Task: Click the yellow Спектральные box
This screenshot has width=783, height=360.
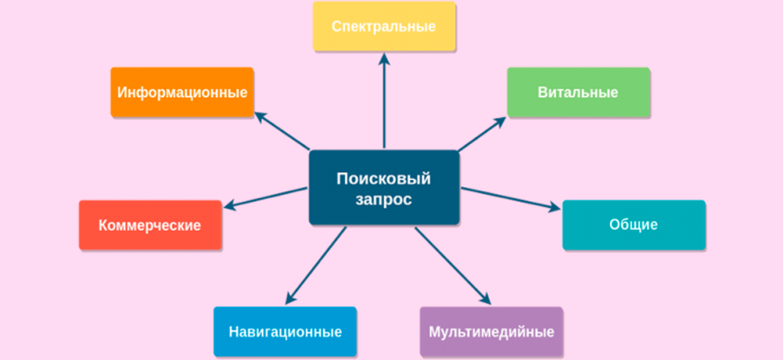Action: tap(384, 26)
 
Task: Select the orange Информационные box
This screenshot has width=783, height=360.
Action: tap(183, 93)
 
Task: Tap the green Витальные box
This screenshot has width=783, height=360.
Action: tap(579, 93)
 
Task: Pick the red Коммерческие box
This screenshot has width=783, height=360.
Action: tap(150, 225)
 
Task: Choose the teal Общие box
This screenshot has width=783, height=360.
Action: tap(634, 225)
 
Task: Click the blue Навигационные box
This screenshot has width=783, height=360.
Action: tap(285, 331)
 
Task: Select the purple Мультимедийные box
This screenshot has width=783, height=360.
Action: tap(491, 331)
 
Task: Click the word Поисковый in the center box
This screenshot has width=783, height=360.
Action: tap(383, 179)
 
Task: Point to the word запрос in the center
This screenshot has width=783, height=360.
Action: tap(383, 200)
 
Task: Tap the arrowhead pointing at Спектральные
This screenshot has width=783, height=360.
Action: tap(384, 59)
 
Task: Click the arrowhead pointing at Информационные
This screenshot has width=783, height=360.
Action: tap(261, 117)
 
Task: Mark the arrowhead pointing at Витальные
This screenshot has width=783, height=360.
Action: tap(499, 121)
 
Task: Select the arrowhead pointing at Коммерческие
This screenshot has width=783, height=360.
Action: tap(229, 204)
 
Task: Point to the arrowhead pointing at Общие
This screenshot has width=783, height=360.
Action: tap(554, 207)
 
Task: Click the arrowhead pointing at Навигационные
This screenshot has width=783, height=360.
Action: tap(291, 298)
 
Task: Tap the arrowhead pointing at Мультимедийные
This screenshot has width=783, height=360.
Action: tap(484, 298)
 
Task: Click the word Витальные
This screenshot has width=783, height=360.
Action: tap(579, 93)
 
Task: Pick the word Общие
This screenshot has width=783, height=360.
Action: tap(634, 225)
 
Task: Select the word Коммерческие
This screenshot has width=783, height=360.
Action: tap(149, 225)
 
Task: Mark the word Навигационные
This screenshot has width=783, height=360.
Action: tap(285, 332)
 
